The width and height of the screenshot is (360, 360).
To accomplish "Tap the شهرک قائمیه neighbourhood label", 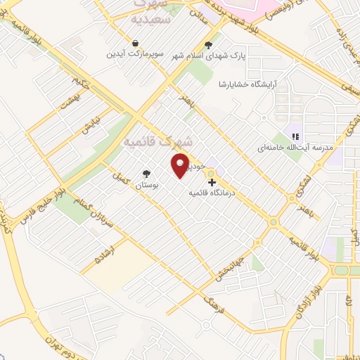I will [x=148, y=141].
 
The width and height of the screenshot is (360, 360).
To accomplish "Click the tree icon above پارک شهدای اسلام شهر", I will [x=208, y=45].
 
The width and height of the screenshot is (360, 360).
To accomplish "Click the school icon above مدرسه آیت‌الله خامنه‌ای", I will [x=296, y=136].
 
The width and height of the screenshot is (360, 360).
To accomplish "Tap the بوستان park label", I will [x=147, y=184].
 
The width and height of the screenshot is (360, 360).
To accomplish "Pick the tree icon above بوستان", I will [x=147, y=174].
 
